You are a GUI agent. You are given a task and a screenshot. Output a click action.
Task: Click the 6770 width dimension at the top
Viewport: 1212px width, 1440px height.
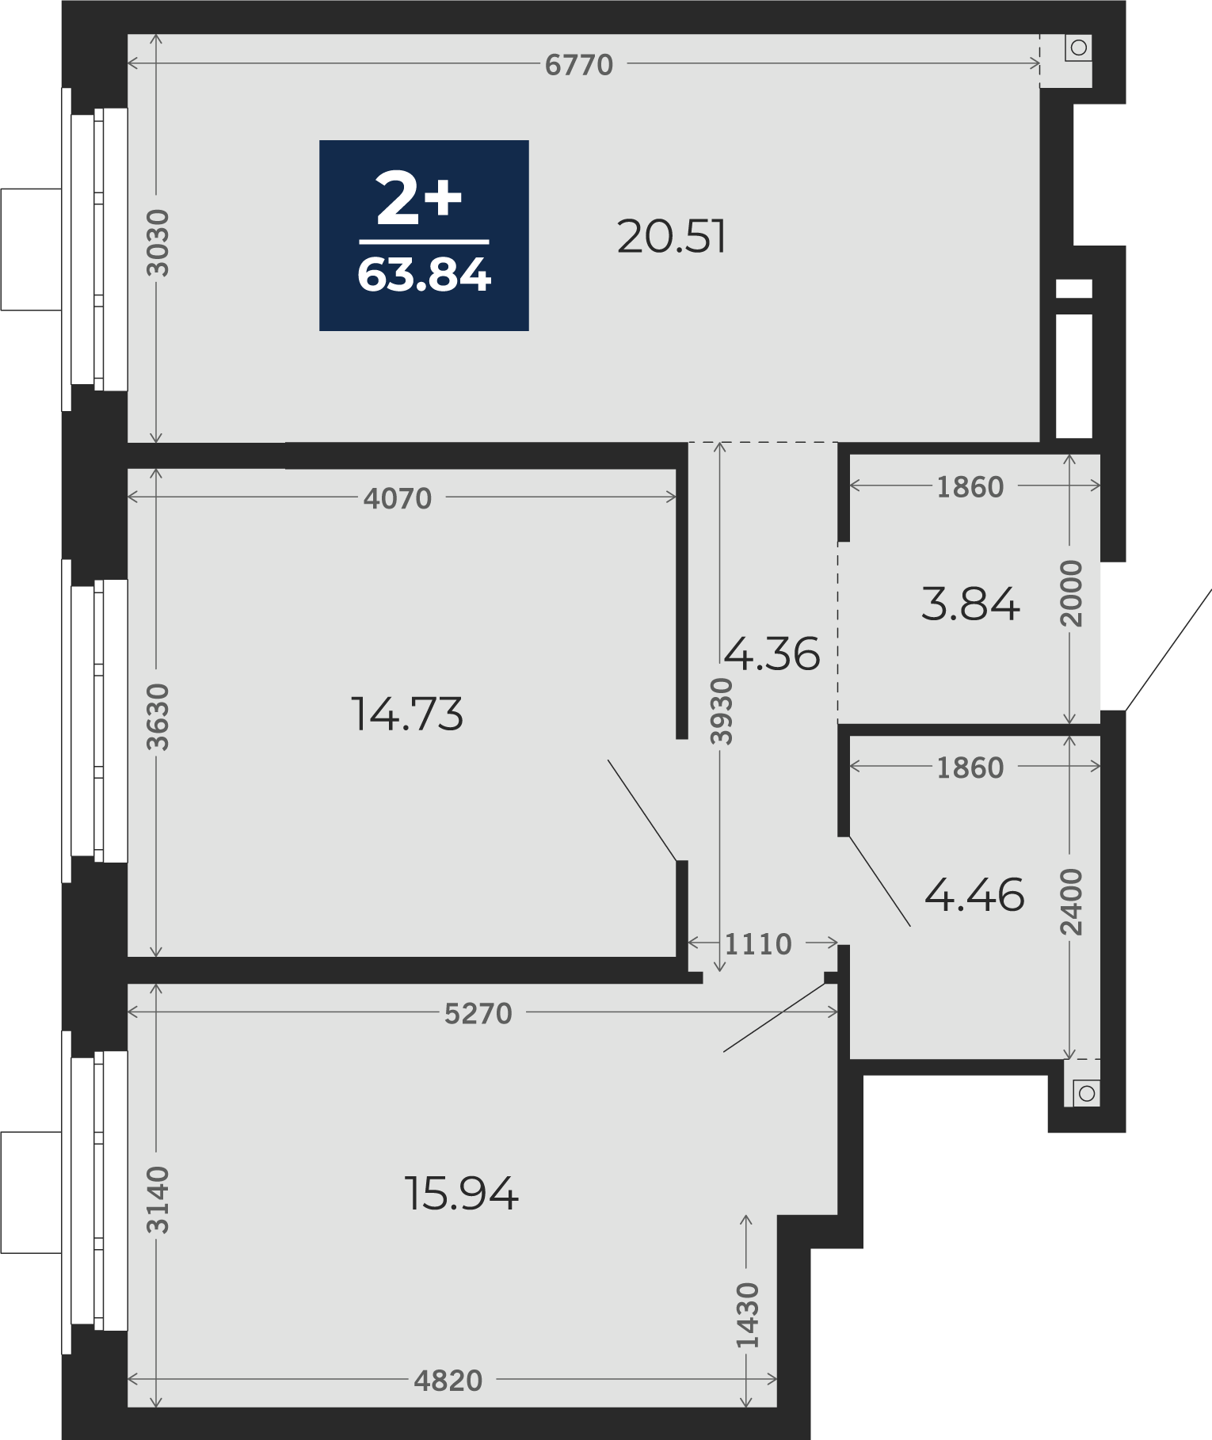pyautogui.click(x=579, y=65)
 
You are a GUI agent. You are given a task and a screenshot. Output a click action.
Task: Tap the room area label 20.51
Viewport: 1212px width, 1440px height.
pyautogui.click(x=671, y=237)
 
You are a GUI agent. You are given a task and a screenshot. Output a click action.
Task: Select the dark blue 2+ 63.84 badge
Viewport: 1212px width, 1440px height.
pyautogui.click(x=424, y=235)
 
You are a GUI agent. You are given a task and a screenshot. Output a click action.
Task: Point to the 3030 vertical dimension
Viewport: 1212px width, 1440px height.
pyautogui.click(x=158, y=242)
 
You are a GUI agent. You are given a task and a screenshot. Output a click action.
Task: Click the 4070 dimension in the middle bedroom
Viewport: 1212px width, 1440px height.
pyautogui.click(x=398, y=498)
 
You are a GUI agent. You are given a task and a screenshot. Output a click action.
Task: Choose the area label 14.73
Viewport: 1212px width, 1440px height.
pyautogui.click(x=406, y=714)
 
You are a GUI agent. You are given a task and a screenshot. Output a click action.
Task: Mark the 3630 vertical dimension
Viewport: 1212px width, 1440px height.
pyautogui.click(x=158, y=716)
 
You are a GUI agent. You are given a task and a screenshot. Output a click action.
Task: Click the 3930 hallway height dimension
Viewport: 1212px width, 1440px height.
pyautogui.click(x=721, y=710)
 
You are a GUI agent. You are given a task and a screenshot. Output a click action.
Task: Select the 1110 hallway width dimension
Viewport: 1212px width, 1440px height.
pyautogui.click(x=758, y=944)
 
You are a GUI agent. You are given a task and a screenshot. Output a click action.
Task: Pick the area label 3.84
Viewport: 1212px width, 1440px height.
pyautogui.click(x=970, y=604)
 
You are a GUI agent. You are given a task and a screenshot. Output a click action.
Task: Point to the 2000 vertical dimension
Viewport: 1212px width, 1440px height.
pyautogui.click(x=1071, y=593)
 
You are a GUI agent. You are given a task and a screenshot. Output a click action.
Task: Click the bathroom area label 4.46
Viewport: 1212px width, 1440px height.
pyautogui.click(x=974, y=895)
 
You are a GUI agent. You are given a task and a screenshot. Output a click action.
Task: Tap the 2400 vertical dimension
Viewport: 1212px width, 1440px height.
pyautogui.click(x=1071, y=902)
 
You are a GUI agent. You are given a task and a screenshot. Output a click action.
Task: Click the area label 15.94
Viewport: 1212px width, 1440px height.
pyautogui.click(x=461, y=1193)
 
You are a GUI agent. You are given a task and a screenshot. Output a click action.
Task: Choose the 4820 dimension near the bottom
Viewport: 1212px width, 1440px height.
pyautogui.click(x=448, y=1381)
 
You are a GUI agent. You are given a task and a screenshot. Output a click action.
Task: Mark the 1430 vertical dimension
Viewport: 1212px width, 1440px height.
pyautogui.click(x=747, y=1315)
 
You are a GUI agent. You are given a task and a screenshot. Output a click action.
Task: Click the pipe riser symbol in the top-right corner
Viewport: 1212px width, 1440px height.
pyautogui.click(x=1078, y=48)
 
